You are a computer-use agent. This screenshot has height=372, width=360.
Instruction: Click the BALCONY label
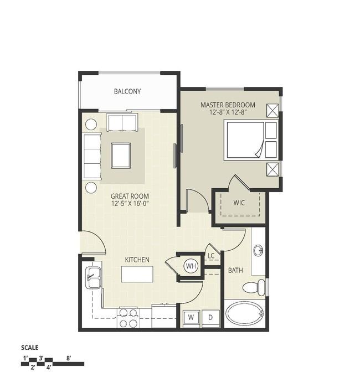pos(127,91)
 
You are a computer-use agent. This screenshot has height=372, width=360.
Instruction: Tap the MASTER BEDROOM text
pos(228,105)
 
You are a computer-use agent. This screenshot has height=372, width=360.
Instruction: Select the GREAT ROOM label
pos(130,196)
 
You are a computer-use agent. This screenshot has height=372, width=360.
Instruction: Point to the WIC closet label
pos(239,203)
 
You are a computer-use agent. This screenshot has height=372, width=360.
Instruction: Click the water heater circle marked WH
pos(191,266)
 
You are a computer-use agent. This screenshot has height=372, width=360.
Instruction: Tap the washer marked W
pos(191,317)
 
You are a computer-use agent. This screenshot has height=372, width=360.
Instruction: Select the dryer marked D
pos(210,317)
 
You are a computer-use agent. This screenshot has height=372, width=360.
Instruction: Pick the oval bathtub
pos(245,313)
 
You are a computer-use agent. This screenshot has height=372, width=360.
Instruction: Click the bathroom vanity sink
pos(258,250)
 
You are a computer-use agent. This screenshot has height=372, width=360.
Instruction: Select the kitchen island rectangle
pos(137,274)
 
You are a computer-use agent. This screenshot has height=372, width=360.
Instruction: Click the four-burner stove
pos(128,318)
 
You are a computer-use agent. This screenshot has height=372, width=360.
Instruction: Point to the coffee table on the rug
pos(121,156)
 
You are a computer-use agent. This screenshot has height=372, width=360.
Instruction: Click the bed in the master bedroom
pos(250,140)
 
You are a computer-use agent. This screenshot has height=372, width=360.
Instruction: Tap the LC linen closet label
pos(211,256)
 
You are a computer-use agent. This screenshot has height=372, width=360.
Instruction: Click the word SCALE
pos(30,348)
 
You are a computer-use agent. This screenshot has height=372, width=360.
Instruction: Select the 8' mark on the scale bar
pos(69,358)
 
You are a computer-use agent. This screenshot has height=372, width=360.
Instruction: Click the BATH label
pos(235,270)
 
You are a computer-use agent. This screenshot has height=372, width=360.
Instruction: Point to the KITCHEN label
pos(137,260)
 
